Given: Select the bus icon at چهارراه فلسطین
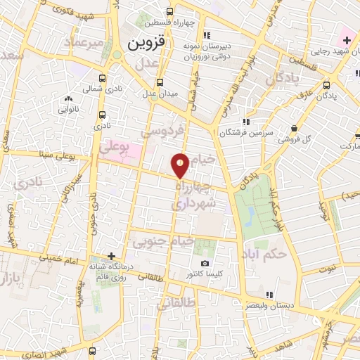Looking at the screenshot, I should (169, 11).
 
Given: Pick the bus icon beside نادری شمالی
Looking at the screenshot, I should (103, 79).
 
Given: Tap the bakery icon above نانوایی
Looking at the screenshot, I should (69, 99).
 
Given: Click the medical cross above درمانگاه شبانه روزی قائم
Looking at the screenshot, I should (111, 256).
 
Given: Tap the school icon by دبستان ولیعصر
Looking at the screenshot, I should (270, 295).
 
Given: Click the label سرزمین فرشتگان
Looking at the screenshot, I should (244, 131).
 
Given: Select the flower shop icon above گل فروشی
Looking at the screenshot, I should (293, 128).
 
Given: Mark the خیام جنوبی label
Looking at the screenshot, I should (162, 241).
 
